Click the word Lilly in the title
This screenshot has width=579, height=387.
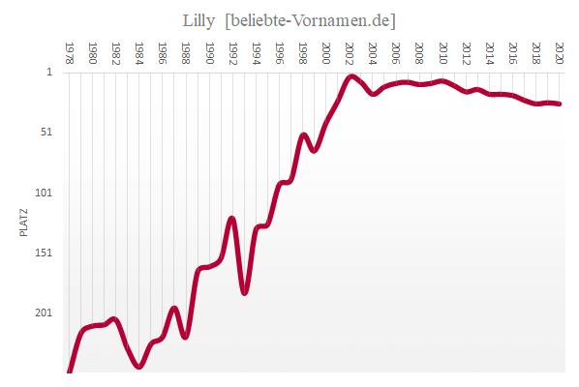click(198, 19)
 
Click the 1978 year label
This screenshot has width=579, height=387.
click(69, 52)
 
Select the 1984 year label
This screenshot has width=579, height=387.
click(139, 52)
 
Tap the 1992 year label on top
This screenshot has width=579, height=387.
click(233, 52)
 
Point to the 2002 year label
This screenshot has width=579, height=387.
click(350, 52)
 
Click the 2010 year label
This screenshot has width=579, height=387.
click(443, 52)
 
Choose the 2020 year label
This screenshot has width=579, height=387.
click(561, 52)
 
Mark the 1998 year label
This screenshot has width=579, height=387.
click(303, 52)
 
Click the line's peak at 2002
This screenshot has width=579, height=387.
click(350, 75)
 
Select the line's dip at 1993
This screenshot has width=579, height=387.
click(244, 291)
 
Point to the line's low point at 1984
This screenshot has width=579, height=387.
click(139, 367)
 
